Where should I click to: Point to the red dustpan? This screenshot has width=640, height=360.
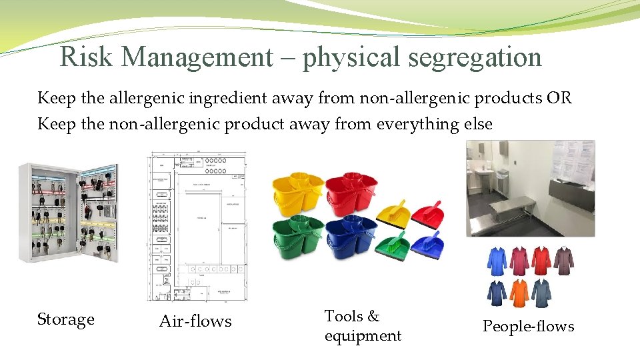[427, 215]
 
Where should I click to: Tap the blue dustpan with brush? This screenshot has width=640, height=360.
[427, 245]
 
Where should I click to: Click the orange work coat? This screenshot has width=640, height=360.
[520, 293]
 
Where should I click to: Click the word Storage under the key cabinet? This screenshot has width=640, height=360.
[65, 320]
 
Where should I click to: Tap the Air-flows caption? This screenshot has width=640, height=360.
[195, 321]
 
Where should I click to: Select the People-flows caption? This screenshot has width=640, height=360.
[528, 327]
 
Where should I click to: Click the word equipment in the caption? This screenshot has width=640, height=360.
[363, 336]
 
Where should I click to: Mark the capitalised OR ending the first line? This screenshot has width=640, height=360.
[558, 99]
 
